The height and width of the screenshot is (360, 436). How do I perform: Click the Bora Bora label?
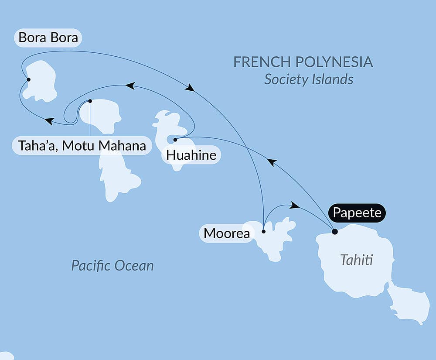[x=48, y=38]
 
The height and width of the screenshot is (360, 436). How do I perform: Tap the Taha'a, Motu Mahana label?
[x=82, y=145]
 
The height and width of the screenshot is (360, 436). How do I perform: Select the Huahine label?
[x=191, y=155]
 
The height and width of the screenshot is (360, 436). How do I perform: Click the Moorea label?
[x=227, y=233]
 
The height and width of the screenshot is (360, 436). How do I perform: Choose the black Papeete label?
[x=357, y=213]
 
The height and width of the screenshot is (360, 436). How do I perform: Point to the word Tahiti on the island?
[x=357, y=261]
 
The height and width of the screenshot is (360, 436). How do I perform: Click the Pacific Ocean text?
[x=112, y=265]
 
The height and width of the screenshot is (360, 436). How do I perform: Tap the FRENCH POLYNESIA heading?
[x=303, y=62]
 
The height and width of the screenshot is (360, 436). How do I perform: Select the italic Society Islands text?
[x=309, y=79]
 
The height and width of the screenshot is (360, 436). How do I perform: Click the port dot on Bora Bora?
[x=28, y=79]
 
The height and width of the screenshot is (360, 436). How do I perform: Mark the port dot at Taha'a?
[x=90, y=101]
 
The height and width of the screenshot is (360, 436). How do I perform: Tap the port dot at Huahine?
[x=175, y=140]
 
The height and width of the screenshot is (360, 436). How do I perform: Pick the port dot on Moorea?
[x=263, y=232]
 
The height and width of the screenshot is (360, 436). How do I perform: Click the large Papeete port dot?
[x=334, y=232]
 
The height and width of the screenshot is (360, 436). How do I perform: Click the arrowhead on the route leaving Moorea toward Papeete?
[x=295, y=206]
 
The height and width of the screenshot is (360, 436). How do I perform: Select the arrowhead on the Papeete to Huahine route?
[x=272, y=162]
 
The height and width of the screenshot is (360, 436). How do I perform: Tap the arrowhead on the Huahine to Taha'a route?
[x=129, y=86]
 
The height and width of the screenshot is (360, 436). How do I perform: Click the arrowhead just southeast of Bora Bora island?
[x=49, y=121]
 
